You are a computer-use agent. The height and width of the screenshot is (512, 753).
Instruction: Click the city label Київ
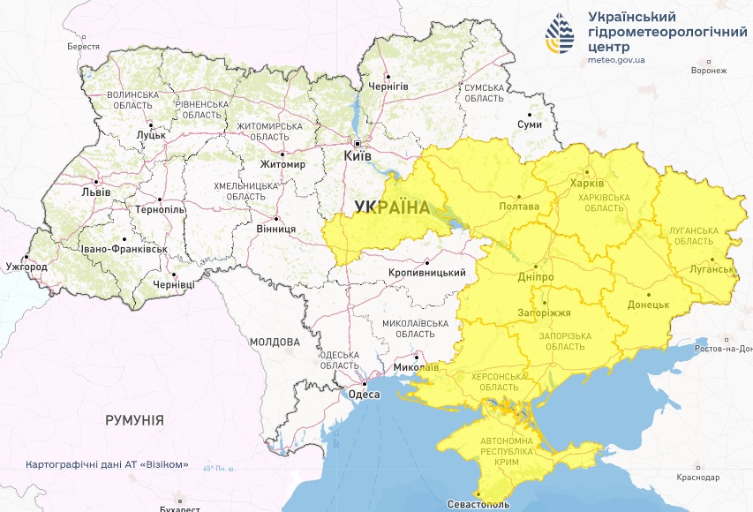coord(358,155)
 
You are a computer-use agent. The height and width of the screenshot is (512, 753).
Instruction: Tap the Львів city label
coord(96,191)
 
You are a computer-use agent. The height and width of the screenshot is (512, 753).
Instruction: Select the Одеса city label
coord(364,395)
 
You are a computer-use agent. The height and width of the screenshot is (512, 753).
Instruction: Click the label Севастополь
coord(478,504)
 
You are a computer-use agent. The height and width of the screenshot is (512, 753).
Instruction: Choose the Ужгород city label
coord(26,266)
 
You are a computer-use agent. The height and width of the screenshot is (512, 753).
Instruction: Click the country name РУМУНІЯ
coord(134,421)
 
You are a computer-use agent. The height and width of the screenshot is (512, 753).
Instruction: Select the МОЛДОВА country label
coord(275,342)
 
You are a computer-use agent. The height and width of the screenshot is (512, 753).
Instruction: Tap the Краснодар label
coord(697,477)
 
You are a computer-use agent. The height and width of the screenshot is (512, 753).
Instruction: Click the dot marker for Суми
coord(530,114)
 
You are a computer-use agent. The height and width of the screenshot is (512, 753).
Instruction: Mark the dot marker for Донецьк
coord(649,294)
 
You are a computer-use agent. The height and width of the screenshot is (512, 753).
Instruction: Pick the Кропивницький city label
coord(427,274)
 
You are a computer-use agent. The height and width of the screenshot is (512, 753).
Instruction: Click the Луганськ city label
coord(712,268)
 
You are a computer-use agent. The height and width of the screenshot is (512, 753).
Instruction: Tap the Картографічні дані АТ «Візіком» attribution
coord(107,464)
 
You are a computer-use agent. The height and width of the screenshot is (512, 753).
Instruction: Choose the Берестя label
coord(83,46)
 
